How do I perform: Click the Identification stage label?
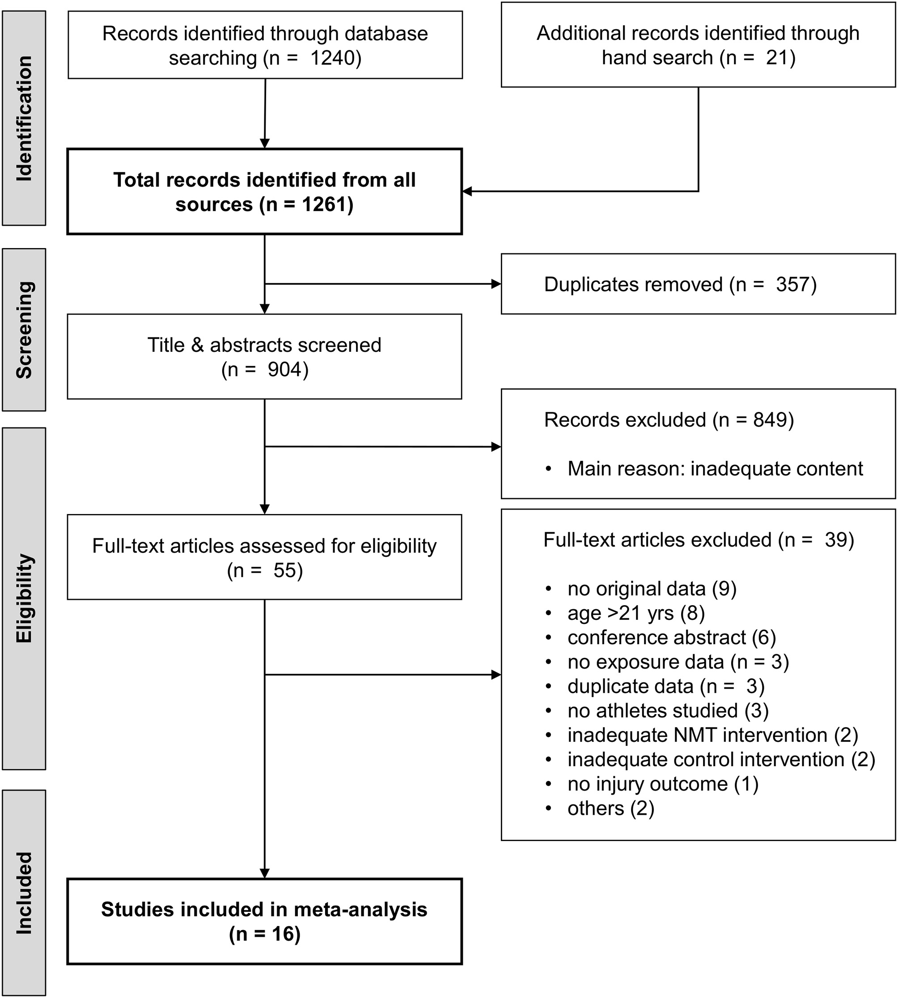tap(24, 118)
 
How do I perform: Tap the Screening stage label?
tap(24, 329)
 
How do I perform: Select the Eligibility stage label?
tap(24, 598)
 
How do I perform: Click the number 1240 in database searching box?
tap(333, 58)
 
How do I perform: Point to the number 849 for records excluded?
tap(770, 420)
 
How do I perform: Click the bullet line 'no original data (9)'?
tap(651, 589)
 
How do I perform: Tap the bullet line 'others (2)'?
tap(610, 809)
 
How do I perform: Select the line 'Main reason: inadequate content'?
tap(715, 469)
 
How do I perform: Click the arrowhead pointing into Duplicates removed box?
tap(496, 284)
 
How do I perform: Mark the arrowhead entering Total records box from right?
tap(467, 191)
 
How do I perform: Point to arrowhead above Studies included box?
tap(264, 873)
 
